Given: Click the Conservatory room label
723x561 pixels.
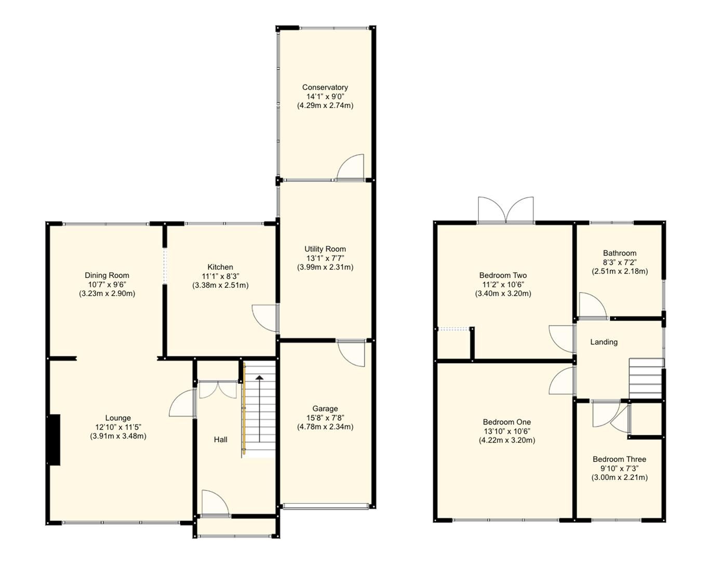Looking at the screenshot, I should (325, 87).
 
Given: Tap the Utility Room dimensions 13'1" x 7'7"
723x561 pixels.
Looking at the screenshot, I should (325, 258).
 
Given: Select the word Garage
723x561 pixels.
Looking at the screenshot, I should (325, 409).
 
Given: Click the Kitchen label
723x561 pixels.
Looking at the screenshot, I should (220, 267).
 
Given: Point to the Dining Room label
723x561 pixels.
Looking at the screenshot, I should (107, 275).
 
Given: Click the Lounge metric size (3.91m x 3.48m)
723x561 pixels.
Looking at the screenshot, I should (118, 436).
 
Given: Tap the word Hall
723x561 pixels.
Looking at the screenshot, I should (220, 439).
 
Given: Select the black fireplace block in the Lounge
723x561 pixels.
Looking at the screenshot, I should (54, 439).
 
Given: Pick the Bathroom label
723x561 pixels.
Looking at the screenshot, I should (619, 253).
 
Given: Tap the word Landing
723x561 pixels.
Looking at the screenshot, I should (604, 342).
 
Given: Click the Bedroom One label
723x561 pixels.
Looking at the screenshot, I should (506, 422).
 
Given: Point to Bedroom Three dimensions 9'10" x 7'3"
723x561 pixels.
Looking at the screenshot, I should (619, 469).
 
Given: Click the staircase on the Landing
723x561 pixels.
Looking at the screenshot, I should (646, 378).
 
